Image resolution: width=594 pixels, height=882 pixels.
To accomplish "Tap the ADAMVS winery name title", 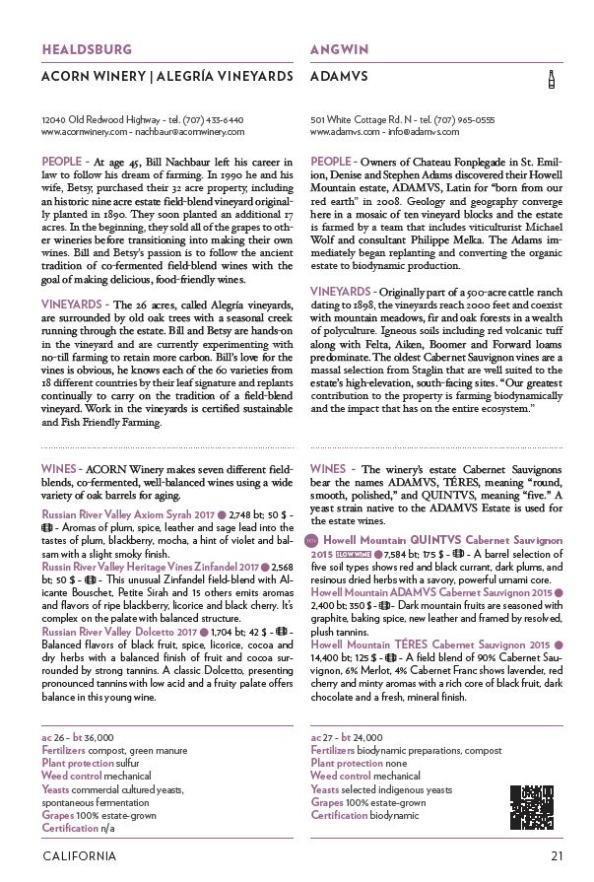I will [x=339, y=75].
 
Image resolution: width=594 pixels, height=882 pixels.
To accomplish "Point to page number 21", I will [x=557, y=855].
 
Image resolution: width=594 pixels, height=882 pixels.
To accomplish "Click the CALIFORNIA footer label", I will [x=79, y=855].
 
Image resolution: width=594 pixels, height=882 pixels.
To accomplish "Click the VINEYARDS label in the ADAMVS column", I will [x=341, y=292].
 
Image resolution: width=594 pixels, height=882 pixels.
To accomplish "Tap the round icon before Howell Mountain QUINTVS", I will [x=315, y=541].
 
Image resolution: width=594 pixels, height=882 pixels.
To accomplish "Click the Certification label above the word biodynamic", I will [x=342, y=815].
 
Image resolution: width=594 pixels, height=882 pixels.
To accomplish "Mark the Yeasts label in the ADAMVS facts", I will [x=325, y=789].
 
